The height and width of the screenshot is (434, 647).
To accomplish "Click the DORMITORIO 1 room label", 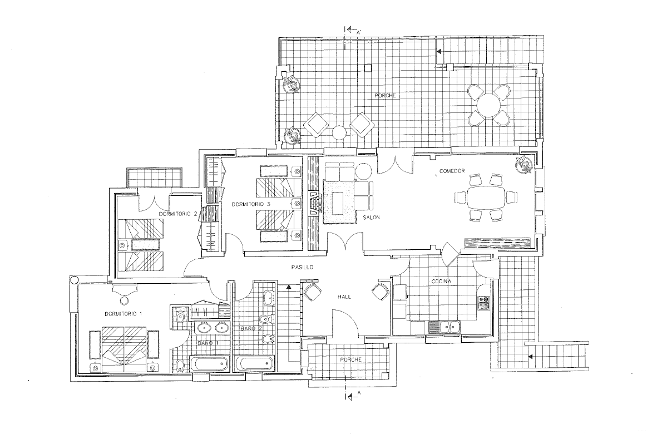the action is coord(124,314).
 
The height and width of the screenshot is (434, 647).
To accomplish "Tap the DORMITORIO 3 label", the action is coord(251,204).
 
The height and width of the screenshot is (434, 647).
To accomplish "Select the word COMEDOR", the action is coord(452,171).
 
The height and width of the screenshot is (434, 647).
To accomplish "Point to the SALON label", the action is coord(372,218).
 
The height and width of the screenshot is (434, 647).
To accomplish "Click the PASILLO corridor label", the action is coord(302,267).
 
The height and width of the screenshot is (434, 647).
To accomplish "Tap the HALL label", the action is coord(344,297).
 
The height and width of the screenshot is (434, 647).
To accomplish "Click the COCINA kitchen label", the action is coord(442,282).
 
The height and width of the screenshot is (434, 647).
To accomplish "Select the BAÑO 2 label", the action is coord(251,329).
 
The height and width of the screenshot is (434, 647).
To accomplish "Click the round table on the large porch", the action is coord(488,106).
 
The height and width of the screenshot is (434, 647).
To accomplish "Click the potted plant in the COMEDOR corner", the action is coord(525,165).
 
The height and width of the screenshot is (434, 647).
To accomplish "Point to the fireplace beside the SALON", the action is coord(315,203).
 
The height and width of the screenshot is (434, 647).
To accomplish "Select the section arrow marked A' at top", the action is coord(350,29).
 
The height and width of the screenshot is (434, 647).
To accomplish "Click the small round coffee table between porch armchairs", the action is coord(339,132).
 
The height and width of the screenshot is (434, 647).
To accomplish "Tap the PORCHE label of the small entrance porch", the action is coord(350,360).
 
